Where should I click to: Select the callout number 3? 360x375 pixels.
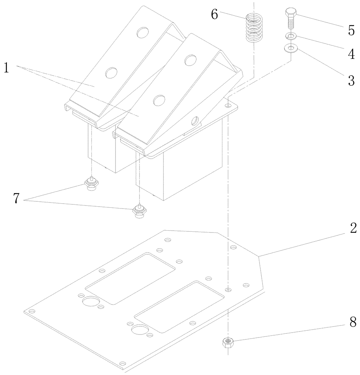351,81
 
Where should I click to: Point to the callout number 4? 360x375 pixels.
351,54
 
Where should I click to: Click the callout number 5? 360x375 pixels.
351,30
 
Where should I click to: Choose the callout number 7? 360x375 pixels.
16,198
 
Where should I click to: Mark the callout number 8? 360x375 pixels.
353,322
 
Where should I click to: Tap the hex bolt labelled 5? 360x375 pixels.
291,18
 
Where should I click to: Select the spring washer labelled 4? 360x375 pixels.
291,36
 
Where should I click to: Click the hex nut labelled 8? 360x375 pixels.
228,342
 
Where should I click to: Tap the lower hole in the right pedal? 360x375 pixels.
159,100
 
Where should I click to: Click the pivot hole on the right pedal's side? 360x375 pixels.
195,121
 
